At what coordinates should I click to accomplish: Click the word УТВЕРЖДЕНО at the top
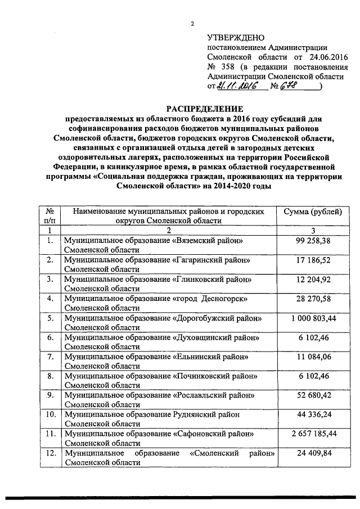coord(232,37)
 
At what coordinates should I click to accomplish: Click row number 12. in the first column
coord(50,452)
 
